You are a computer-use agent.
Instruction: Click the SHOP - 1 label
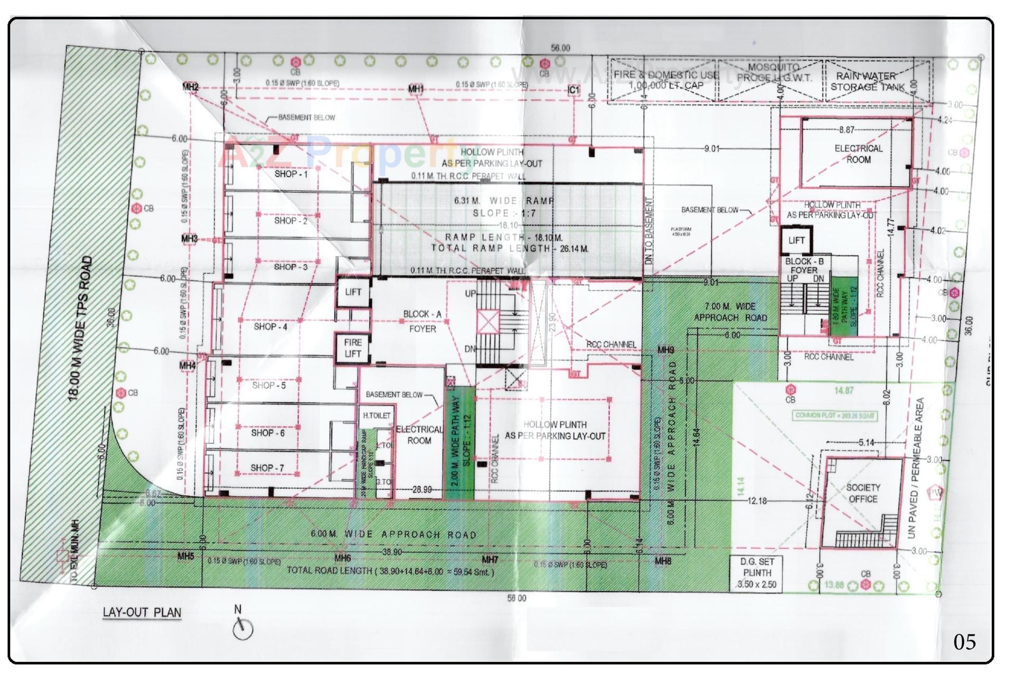(291, 174)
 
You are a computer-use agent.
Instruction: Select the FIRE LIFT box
(352, 348)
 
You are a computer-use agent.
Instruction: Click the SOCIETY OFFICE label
(863, 493)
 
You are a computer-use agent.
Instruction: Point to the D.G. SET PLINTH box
(757, 573)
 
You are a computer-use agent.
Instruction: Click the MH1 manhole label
(416, 89)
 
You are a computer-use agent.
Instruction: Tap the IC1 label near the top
(574, 90)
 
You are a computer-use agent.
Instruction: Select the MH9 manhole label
(665, 350)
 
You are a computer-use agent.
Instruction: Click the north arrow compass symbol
(243, 628)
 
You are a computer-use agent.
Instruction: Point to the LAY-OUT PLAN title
(142, 613)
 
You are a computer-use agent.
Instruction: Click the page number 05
(964, 642)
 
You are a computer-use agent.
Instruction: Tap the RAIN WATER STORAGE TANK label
(868, 81)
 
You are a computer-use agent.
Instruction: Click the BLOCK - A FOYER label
(422, 321)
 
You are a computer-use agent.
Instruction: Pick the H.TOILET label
(377, 416)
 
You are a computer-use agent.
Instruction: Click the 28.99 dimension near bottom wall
(421, 490)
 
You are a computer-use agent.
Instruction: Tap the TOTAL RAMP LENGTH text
(510, 248)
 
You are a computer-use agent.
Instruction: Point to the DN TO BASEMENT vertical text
(649, 231)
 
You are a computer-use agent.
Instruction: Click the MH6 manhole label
(343, 558)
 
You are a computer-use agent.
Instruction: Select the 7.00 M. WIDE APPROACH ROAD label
(730, 312)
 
